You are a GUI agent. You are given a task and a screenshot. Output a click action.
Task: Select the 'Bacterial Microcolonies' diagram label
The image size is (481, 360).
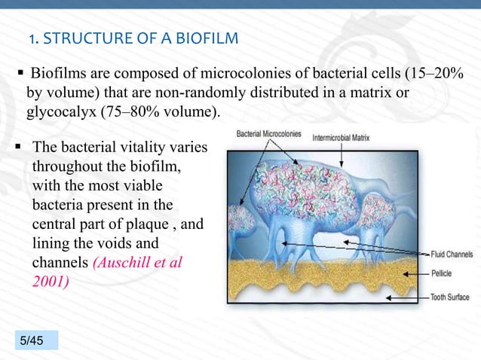pos(269,136)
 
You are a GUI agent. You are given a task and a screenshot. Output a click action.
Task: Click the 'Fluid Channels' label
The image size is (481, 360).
pos(451,255)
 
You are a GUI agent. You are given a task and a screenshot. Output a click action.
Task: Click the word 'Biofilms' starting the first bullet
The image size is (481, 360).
pos(54,75)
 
